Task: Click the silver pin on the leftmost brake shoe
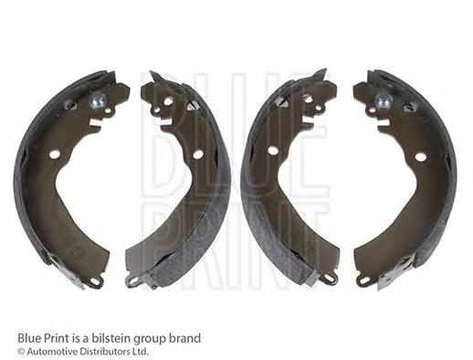[98, 100]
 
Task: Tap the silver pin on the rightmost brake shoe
[383, 101]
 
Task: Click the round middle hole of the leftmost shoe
[55, 154]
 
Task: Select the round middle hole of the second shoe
[198, 154]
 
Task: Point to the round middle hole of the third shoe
[272, 150]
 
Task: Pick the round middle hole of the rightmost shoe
[421, 157]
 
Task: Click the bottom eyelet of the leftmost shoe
[96, 281]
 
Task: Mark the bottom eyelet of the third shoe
[330, 278]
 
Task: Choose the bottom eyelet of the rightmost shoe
[363, 279]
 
